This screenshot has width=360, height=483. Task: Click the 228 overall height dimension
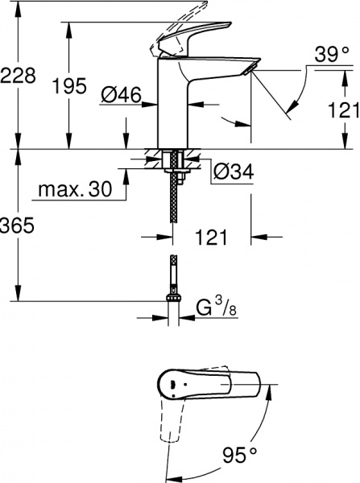19,76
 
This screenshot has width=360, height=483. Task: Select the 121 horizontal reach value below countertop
210,237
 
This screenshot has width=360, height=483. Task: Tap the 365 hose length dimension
18,227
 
